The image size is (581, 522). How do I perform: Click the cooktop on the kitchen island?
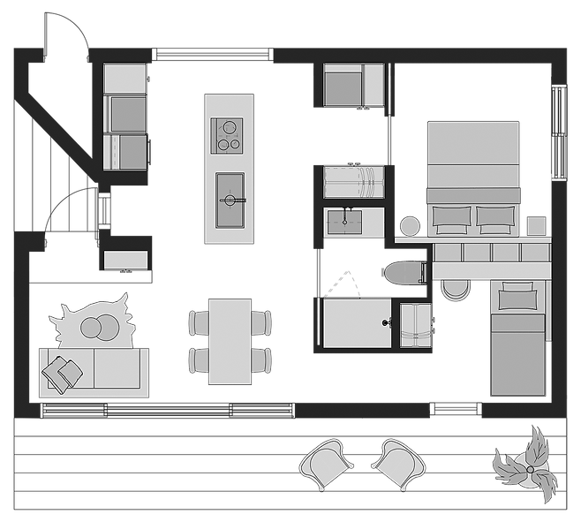click(228, 136)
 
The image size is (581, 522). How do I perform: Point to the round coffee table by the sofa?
click(97, 328)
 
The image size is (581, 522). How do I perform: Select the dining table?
click(230, 341)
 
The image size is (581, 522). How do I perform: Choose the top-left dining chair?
click(199, 322)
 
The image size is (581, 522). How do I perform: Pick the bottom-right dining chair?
click(261, 359)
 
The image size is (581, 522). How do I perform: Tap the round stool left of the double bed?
click(410, 226)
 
